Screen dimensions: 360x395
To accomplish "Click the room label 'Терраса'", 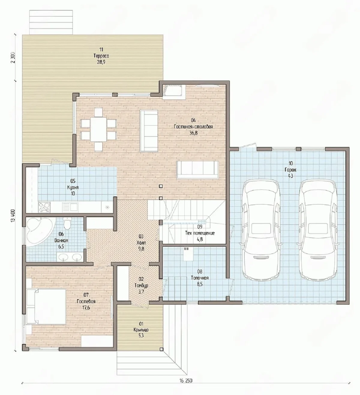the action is coord(101,56).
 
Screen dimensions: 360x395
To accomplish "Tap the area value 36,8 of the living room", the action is coord(193,133).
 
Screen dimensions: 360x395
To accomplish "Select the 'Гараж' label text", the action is coord(290,170).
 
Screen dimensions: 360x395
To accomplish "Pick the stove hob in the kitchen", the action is coord(44,207).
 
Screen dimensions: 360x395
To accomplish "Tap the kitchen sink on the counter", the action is coord(70,207).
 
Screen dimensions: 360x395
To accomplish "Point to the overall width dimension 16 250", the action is coord(186,381).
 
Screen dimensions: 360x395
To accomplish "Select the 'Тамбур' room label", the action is coord(141,285).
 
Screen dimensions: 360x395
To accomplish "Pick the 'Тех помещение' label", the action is coord(200,233).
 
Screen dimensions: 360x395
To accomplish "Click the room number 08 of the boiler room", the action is coord(199,272).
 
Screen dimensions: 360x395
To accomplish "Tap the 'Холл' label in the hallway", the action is coord(141,243).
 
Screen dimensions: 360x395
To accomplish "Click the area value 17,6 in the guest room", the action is coord(86,308).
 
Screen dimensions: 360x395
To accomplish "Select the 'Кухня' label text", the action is coord(73,187).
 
